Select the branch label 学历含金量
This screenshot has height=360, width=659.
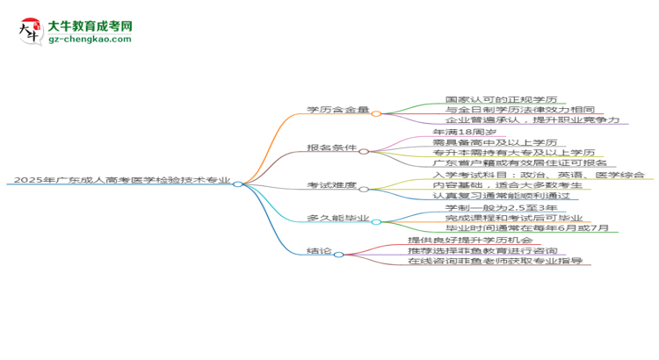337,112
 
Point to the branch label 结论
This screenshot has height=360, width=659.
320,252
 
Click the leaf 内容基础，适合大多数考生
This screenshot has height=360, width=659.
496,186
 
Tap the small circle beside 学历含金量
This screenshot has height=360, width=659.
376,112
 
